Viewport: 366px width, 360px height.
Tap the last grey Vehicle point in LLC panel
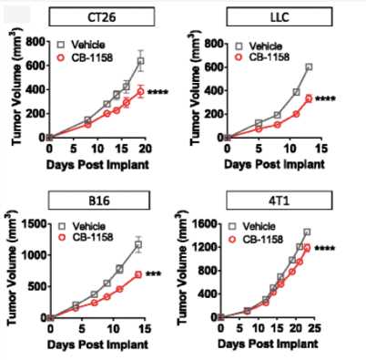310,67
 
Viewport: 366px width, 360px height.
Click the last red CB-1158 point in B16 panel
137,274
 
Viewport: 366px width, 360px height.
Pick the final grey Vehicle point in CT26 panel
140,62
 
